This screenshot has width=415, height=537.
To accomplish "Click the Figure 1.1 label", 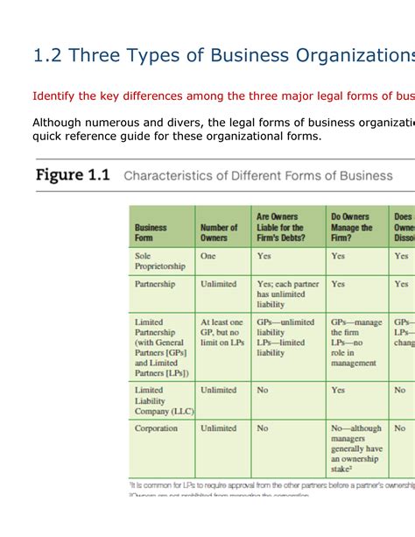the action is click(x=73, y=175).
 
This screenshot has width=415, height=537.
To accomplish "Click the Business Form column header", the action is click(x=151, y=232).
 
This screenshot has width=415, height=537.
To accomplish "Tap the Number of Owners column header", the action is click(x=219, y=232).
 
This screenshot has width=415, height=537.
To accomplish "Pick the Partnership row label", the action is click(x=156, y=285).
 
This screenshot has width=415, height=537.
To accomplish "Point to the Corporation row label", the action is click(x=157, y=428).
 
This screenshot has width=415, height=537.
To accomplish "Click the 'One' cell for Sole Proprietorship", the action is click(x=208, y=256).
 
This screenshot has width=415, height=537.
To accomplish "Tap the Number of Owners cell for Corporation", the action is click(x=219, y=428).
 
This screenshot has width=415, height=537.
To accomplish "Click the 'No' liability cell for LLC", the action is click(x=263, y=390).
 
